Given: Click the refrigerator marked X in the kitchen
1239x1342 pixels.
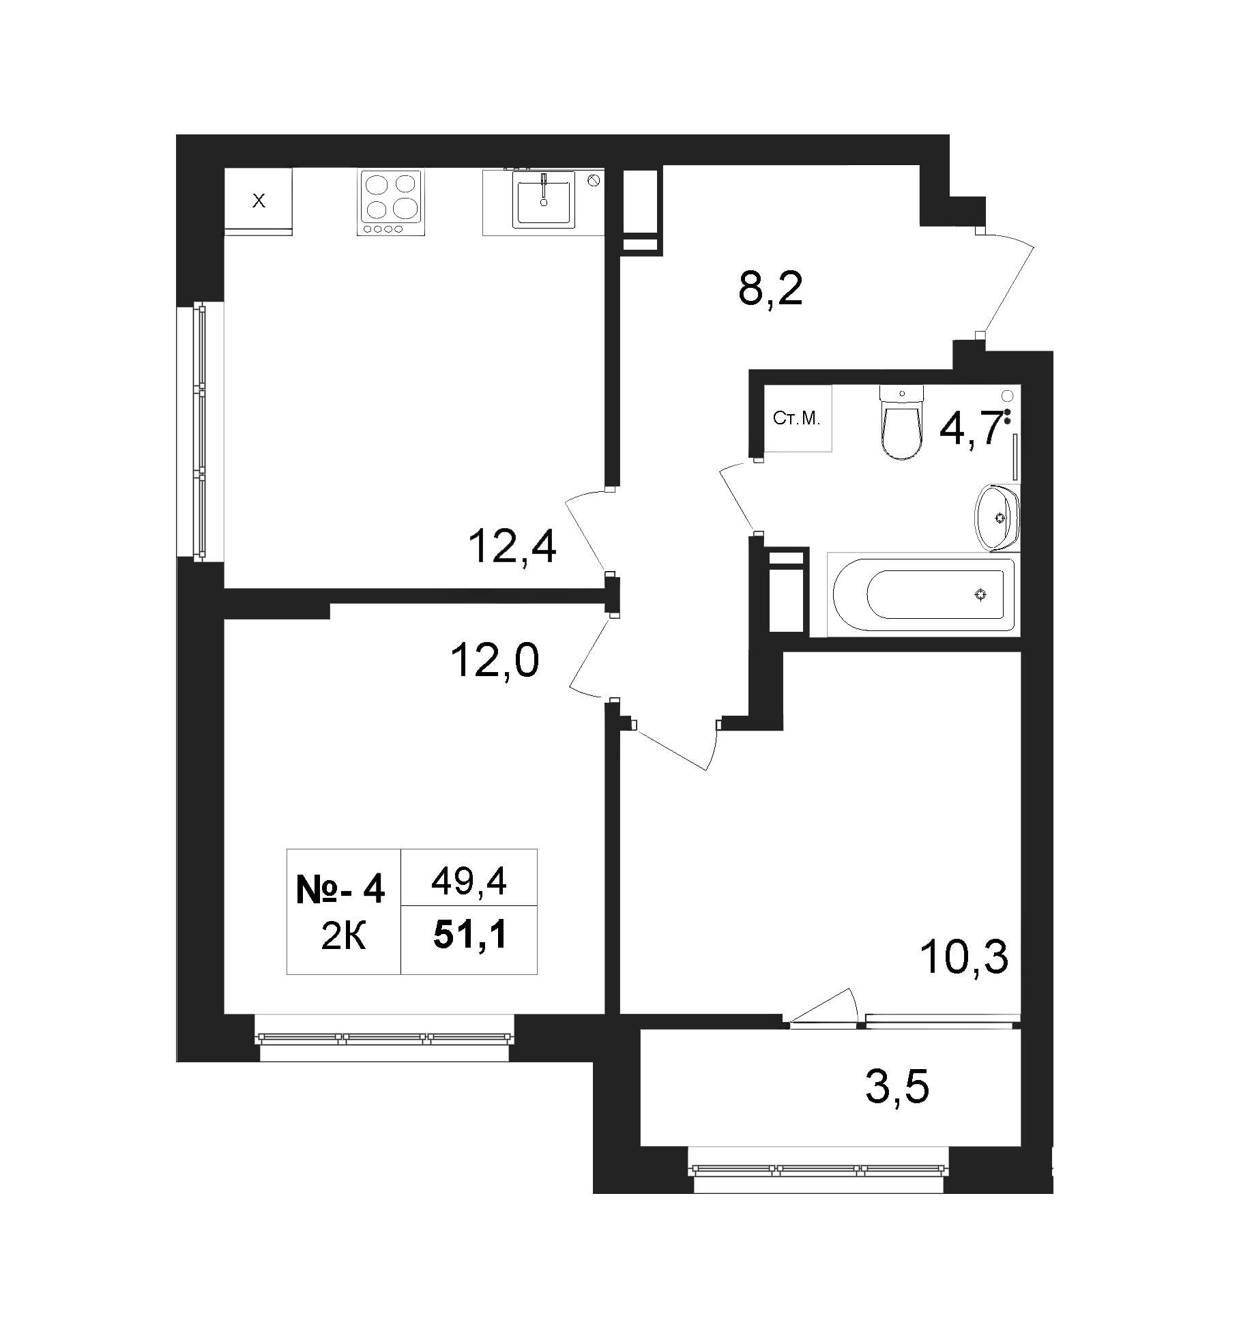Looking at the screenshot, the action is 258,201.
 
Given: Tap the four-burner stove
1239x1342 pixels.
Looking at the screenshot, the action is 390,203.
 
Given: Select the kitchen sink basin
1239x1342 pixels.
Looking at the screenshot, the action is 544,199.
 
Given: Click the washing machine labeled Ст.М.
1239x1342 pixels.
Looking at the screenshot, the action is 797,418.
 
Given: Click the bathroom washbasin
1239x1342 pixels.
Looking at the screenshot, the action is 997,516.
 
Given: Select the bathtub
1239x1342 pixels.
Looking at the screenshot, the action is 922,594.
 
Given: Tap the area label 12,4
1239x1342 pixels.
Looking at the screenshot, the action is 512,547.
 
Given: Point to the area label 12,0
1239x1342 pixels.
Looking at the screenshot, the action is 495,661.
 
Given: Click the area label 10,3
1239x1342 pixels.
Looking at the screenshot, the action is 963,957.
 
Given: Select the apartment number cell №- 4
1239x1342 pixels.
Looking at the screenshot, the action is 340,890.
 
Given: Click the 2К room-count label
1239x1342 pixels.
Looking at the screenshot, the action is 343,938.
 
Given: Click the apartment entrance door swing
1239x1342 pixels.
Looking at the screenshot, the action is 1006,283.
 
